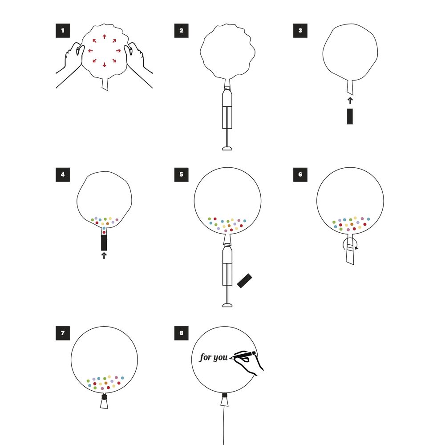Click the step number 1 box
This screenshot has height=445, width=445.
click(x=63, y=31)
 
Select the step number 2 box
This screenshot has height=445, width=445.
click(x=182, y=31)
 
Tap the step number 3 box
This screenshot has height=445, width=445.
click(x=300, y=31)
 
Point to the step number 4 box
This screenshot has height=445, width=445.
click(x=63, y=174)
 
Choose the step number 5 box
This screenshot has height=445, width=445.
click(x=182, y=174)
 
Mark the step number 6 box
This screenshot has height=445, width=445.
click(x=300, y=174)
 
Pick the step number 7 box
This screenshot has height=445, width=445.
click(x=63, y=333)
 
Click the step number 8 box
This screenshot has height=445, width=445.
click(x=182, y=333)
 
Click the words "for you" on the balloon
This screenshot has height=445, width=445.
click(x=214, y=358)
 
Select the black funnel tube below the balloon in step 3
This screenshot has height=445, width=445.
click(x=350, y=116)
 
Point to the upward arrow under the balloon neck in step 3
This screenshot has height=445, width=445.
click(x=350, y=100)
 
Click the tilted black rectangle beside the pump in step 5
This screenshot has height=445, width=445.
click(x=244, y=281)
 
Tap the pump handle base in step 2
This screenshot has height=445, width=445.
click(x=227, y=148)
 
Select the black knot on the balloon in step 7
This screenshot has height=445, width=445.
click(x=104, y=396)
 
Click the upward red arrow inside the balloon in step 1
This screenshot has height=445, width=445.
click(x=105, y=36)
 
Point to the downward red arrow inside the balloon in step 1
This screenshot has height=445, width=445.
click(x=105, y=65)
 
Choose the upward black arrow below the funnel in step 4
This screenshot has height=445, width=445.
click(x=104, y=256)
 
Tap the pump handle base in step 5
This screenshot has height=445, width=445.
click(x=227, y=305)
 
